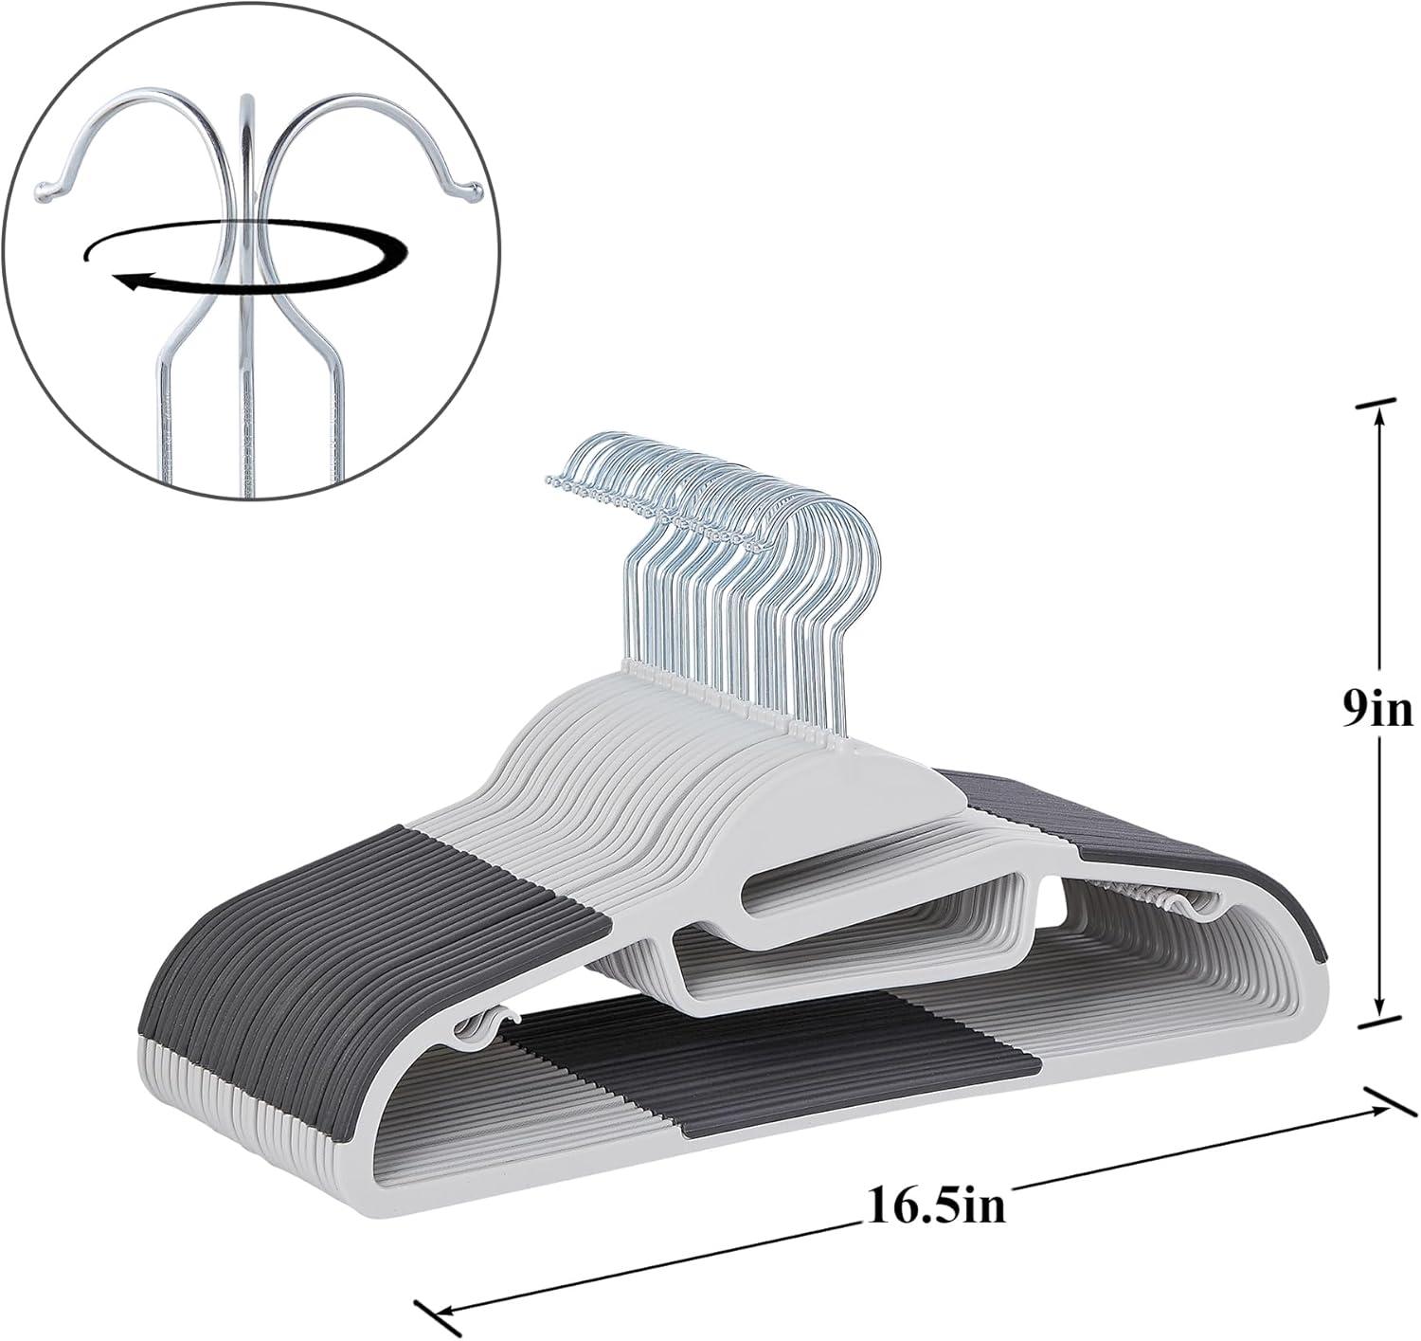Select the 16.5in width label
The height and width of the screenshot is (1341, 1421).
934,1206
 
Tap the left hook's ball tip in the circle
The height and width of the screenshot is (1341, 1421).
43,192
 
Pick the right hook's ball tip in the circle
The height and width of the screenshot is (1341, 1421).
471,192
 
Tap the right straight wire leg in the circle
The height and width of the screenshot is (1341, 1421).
337,417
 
